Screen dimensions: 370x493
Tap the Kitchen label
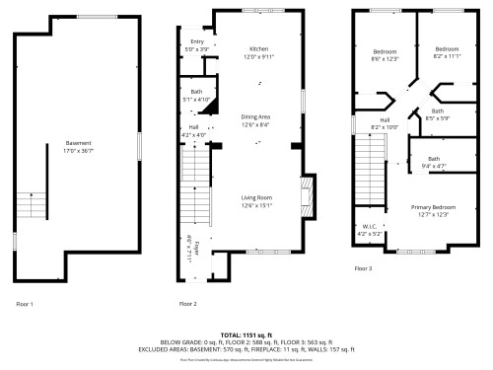pos(258,48)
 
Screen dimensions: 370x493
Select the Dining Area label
pos(255,117)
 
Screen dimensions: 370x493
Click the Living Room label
pos(256,198)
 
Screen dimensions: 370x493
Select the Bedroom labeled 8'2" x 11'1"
pos(447,48)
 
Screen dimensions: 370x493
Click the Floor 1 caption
pos(25,304)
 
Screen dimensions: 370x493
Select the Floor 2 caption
pos(187,304)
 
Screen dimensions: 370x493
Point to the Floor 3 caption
pos(364,268)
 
